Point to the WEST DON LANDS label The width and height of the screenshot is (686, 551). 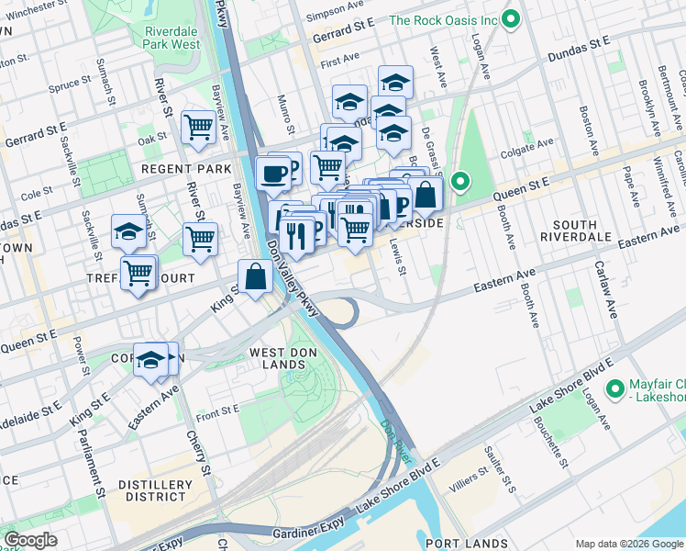click(277, 358)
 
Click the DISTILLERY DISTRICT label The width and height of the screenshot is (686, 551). click(153, 490)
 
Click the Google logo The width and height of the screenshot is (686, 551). click(31, 540)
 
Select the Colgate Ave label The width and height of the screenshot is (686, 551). click(533, 144)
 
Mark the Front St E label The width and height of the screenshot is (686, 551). click(217, 409)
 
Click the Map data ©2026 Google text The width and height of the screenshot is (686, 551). click(629, 544)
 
